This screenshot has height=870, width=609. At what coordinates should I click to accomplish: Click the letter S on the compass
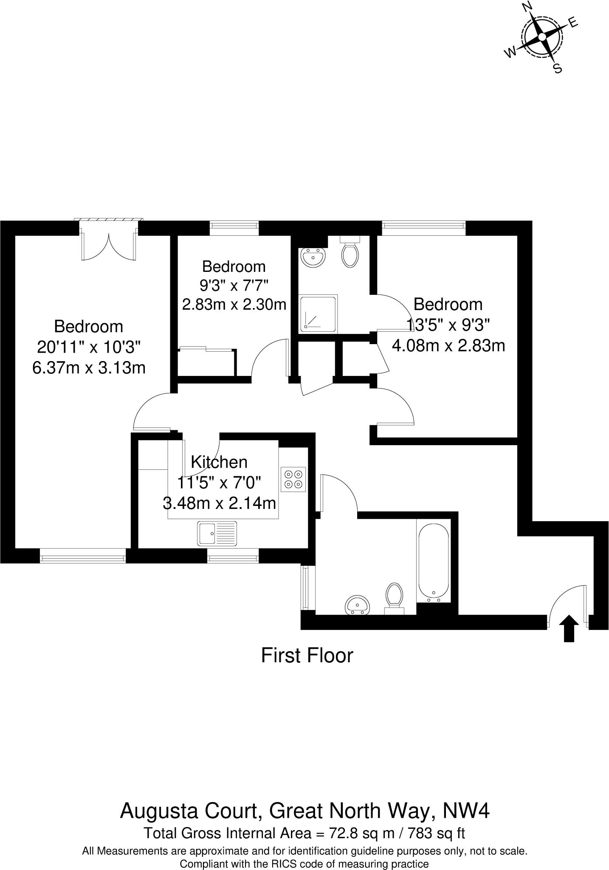(x=558, y=68)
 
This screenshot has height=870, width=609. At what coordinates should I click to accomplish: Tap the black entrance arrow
(x=569, y=628)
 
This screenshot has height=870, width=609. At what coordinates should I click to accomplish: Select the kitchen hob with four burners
(x=293, y=479)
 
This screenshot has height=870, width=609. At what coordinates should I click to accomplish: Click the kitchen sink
(x=217, y=533)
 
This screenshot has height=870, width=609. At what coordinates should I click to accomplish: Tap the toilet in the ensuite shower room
(x=350, y=254)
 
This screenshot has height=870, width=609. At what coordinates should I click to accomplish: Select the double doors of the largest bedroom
(x=109, y=246)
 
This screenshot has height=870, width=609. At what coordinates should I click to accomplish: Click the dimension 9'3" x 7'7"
(x=234, y=285)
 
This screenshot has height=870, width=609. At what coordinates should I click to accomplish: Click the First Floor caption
(x=307, y=655)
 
